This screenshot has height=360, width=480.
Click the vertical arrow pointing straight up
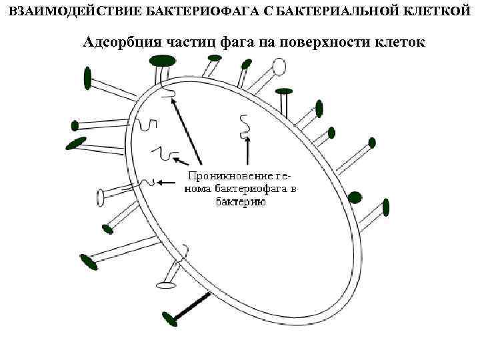click(x=247, y=151)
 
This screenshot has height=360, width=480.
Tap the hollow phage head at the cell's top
click(x=280, y=65)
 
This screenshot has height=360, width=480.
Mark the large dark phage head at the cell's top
click(x=162, y=61)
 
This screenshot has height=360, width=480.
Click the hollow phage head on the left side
click(x=101, y=196)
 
